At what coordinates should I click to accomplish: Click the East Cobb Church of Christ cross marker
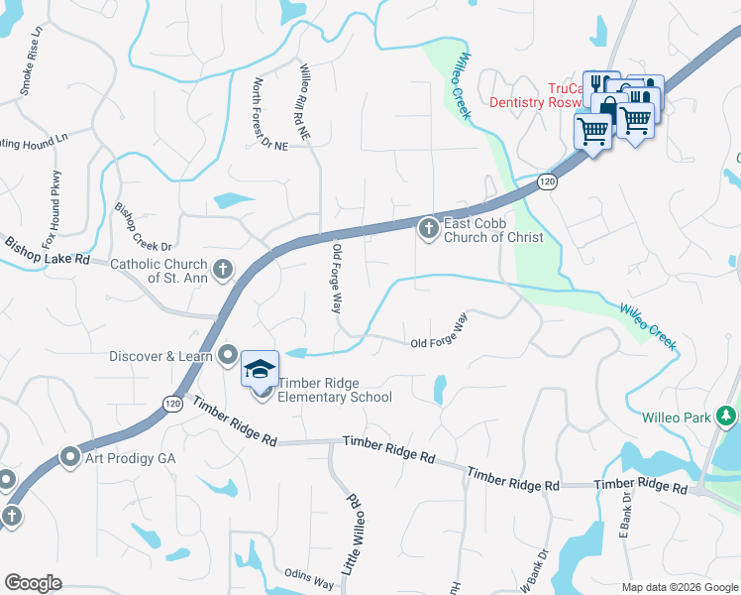428,230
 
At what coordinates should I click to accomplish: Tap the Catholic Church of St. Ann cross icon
223,267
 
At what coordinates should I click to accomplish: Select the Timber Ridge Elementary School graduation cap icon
260,369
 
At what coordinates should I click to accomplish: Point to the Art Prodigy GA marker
69,457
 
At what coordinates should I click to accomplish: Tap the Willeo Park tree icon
727,416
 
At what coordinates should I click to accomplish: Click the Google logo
33,583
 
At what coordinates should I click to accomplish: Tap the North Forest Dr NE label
268,114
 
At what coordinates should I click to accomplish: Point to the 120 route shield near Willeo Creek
547,181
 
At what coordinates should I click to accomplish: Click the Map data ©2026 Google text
680,586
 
